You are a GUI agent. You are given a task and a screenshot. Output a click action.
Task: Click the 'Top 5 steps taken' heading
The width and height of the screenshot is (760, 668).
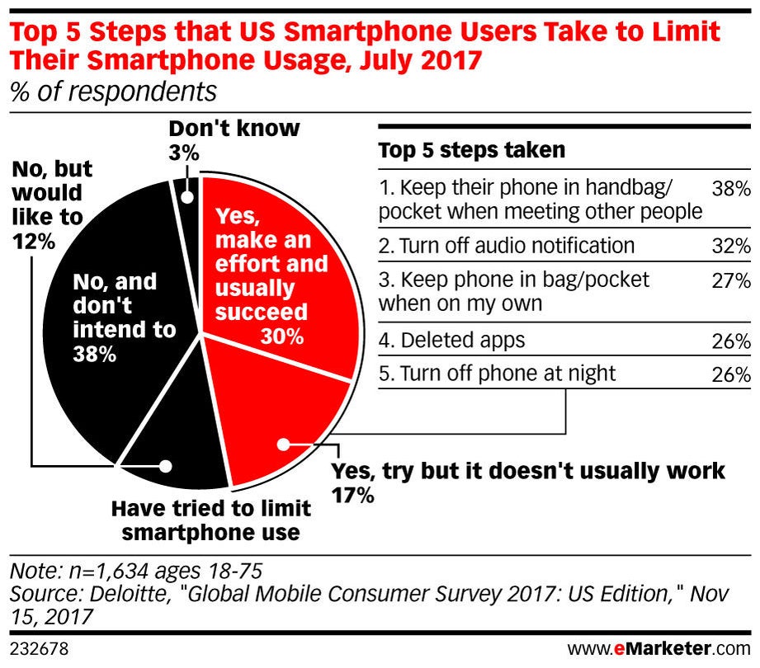coord(471,150)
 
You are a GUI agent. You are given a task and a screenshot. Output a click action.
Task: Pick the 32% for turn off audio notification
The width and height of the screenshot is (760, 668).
coord(732,246)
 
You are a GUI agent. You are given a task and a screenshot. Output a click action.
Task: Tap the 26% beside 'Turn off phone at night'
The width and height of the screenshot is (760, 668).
coord(732,374)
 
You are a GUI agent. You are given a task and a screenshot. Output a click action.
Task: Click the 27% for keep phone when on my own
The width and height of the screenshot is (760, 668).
coord(732,280)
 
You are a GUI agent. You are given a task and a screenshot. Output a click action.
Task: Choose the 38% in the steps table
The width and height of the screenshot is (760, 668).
coord(732,188)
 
